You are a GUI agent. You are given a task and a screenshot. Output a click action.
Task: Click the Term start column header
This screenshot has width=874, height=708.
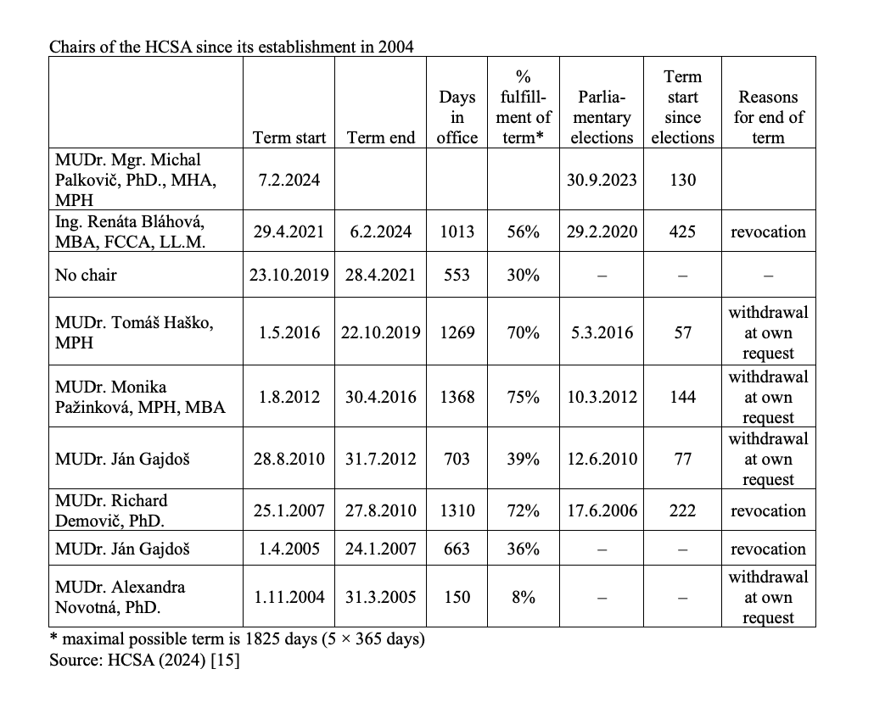point(289,137)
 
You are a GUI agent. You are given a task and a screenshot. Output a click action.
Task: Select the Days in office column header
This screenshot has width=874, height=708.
point(457,117)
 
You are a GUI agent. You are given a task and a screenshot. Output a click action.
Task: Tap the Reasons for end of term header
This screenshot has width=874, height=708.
point(768,117)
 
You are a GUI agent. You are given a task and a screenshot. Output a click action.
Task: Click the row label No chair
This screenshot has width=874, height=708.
point(86,275)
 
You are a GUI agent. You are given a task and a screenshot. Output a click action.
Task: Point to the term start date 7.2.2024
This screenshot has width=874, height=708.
point(289,180)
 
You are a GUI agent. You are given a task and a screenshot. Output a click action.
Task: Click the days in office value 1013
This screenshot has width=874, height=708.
point(457,231)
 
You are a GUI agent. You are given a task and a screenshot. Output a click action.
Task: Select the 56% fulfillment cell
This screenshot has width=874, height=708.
point(524,231)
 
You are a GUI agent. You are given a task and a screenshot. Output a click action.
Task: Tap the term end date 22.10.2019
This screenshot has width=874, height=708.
point(381,332)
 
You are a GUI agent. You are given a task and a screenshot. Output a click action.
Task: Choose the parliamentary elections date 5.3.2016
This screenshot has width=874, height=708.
point(602,332)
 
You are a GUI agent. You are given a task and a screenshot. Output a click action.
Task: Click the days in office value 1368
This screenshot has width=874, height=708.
point(457,397)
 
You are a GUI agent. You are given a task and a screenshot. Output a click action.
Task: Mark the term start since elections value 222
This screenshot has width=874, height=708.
point(683,510)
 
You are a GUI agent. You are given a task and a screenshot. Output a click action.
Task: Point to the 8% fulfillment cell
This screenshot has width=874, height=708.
point(524,597)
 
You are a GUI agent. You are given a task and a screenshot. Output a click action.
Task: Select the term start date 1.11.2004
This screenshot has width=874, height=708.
point(289,597)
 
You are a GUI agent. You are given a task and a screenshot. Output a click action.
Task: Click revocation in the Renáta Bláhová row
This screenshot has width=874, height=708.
point(768,231)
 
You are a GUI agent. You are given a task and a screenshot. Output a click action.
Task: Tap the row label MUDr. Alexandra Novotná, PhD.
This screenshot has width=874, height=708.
point(120,597)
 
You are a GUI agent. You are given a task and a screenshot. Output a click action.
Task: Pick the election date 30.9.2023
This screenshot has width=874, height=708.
point(602,180)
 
